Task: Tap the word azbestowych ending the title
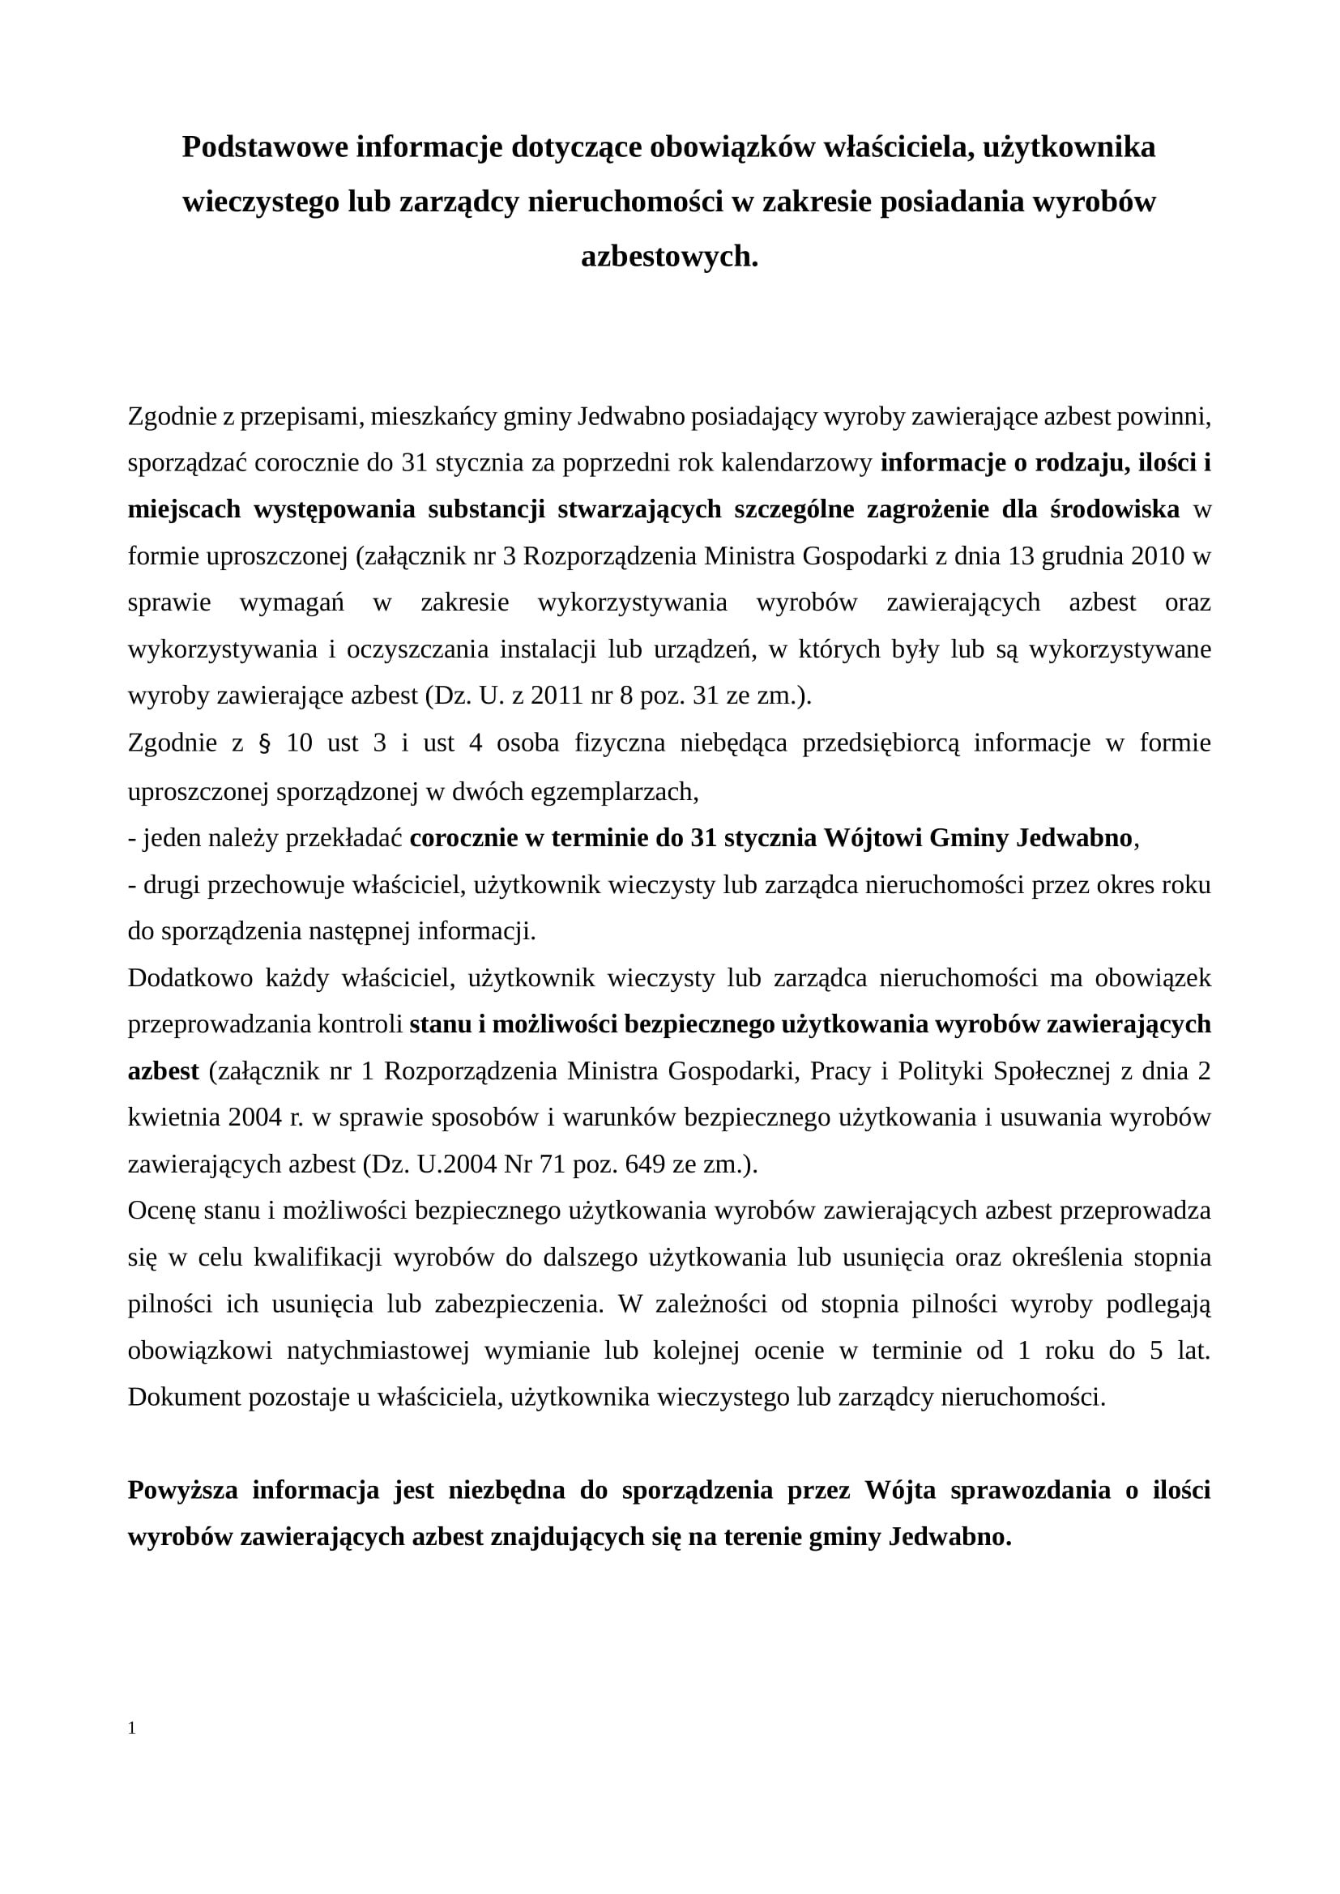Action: [668, 257]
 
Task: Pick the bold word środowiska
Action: [1115, 510]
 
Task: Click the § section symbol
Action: [265, 744]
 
